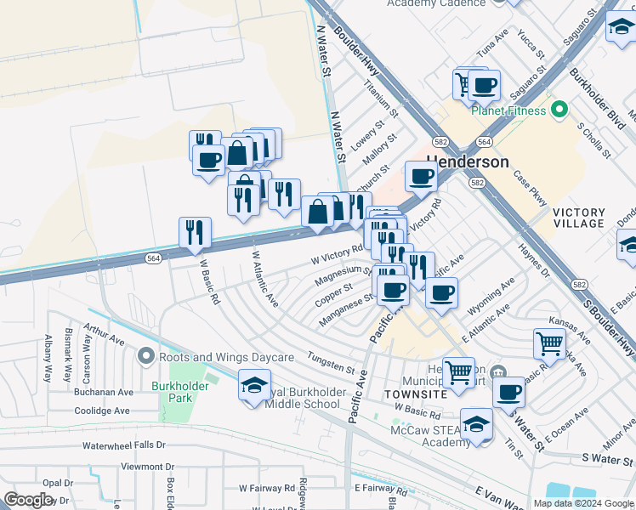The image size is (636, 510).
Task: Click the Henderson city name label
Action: coord(468,161)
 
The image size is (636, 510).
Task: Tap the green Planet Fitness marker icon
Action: coord(559,110)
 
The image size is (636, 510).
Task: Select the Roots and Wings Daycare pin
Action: coord(145,356)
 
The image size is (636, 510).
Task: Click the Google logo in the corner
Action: coord(28,500)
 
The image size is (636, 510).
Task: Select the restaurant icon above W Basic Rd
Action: coord(195,232)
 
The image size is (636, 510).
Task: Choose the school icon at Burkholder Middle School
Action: coord(254,386)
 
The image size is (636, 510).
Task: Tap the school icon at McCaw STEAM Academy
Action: coord(476,424)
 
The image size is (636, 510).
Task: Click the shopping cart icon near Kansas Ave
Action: coord(549,343)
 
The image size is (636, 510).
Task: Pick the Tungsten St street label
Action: coord(331,364)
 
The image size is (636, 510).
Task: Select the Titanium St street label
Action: coord(381,99)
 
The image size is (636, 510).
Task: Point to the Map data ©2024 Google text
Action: coord(582,503)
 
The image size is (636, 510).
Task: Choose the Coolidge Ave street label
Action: coord(100,411)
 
